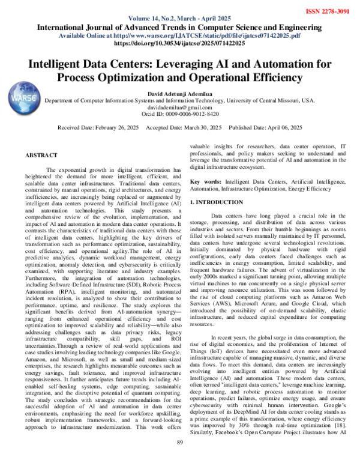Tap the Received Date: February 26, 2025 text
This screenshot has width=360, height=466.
tap(98, 129)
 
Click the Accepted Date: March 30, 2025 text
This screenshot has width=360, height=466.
tap(184, 129)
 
